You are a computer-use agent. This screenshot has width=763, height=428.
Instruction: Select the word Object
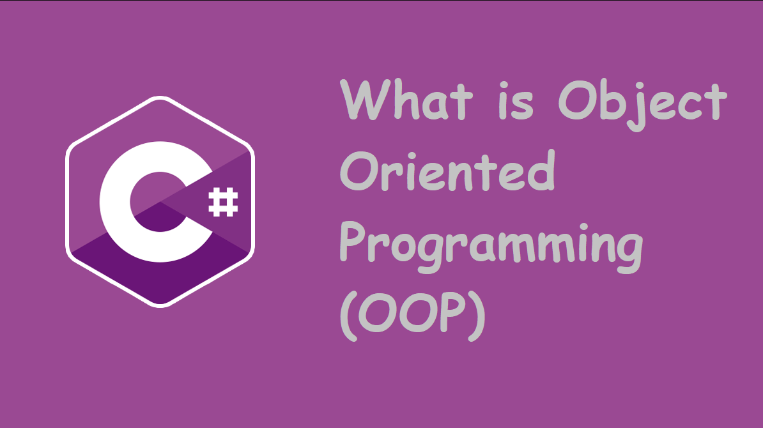pyautogui.click(x=642, y=105)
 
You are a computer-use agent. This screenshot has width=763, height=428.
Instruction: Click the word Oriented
pyautogui.click(x=447, y=171)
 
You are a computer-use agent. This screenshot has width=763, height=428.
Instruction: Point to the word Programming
pyautogui.click(x=491, y=248)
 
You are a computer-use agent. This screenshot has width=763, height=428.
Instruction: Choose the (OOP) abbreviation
pyautogui.click(x=412, y=316)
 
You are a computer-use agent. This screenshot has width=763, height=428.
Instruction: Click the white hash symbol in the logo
pyautogui.click(x=224, y=202)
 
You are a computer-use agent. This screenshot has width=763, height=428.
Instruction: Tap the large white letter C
pyautogui.click(x=156, y=202)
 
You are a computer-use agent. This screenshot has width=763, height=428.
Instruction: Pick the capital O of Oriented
pyautogui.click(x=359, y=171)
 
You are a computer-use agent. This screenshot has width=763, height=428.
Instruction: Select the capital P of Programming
pyautogui.click(x=352, y=241)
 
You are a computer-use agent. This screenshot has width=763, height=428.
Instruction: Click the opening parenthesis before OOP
pyautogui.click(x=349, y=316)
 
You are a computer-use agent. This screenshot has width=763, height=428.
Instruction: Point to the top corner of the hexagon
pyautogui.click(x=160, y=97)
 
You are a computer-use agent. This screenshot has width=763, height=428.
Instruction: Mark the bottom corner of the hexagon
pyautogui.click(x=160, y=307)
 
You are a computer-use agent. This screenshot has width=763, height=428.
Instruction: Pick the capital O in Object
pyautogui.click(x=577, y=100)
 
